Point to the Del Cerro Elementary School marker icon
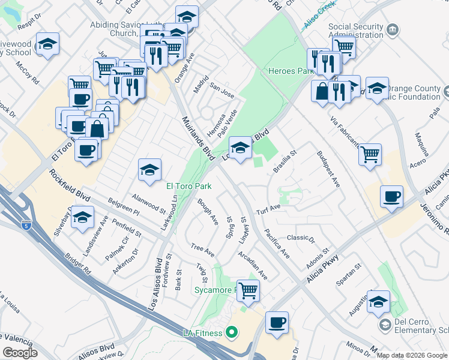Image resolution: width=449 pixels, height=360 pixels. (385, 325)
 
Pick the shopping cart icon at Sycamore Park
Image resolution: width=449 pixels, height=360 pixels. (248, 290)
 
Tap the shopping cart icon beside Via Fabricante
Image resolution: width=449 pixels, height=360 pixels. (370, 154)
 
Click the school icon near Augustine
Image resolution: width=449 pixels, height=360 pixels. (378, 301)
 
